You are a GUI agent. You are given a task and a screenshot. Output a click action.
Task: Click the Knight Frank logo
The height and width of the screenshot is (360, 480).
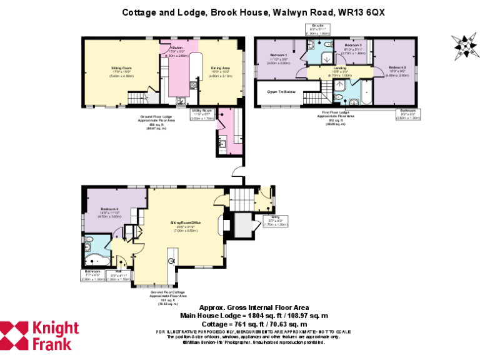point(39,336)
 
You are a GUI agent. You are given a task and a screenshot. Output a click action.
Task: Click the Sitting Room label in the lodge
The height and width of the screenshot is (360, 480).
point(107,72)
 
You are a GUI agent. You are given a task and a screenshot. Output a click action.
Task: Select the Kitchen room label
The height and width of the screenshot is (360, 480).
point(176,51)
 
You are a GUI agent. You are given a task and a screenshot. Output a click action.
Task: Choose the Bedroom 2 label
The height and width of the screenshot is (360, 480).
point(397,71)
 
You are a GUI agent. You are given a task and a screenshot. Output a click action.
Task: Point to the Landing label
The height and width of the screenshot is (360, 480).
point(340,71)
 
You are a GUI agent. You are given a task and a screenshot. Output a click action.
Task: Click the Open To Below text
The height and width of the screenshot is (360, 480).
point(281,92)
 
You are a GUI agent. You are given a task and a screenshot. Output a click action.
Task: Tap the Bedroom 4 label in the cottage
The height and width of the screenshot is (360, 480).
point(109,212)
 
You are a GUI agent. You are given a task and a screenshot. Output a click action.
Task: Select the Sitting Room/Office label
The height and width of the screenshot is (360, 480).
point(186,225)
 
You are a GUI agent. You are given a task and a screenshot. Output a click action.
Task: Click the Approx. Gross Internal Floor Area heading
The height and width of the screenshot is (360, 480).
point(253,307)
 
